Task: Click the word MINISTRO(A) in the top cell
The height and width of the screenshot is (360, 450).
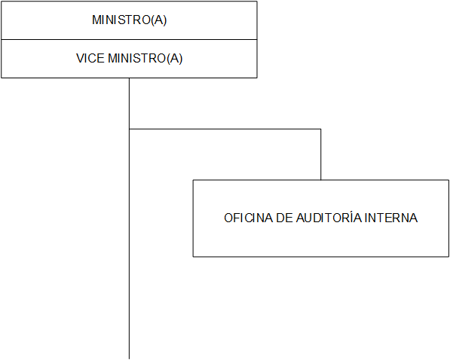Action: click(x=129, y=20)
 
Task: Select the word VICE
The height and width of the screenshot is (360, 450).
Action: click(x=90, y=58)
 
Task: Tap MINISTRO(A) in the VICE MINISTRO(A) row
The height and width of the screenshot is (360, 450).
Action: click(x=145, y=58)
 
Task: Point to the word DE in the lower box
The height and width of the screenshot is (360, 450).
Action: click(x=284, y=218)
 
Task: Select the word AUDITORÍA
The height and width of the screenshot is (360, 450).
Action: click(x=329, y=217)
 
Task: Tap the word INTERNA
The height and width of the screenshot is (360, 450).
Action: click(x=391, y=218)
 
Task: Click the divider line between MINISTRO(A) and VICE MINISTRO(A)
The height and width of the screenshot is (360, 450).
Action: click(x=129, y=39)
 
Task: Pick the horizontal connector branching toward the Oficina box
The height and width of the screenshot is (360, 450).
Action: click(x=225, y=129)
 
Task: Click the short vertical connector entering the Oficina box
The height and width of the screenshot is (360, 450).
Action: click(x=321, y=154)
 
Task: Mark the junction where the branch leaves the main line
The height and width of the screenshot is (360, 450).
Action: click(x=129, y=129)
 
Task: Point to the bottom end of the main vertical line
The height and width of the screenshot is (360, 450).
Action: click(x=129, y=358)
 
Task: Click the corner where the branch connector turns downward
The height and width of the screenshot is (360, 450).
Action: click(x=321, y=129)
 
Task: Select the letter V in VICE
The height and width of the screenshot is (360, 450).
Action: click(x=80, y=58)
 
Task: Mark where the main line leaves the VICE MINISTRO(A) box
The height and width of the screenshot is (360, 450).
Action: click(x=129, y=78)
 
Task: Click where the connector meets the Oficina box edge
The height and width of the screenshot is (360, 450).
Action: click(x=321, y=180)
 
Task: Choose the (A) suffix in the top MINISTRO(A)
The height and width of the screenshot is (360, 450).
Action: click(x=159, y=20)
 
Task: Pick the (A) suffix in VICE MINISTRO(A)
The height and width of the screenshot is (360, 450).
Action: click(x=174, y=59)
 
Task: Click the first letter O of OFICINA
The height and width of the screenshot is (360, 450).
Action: click(x=228, y=218)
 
